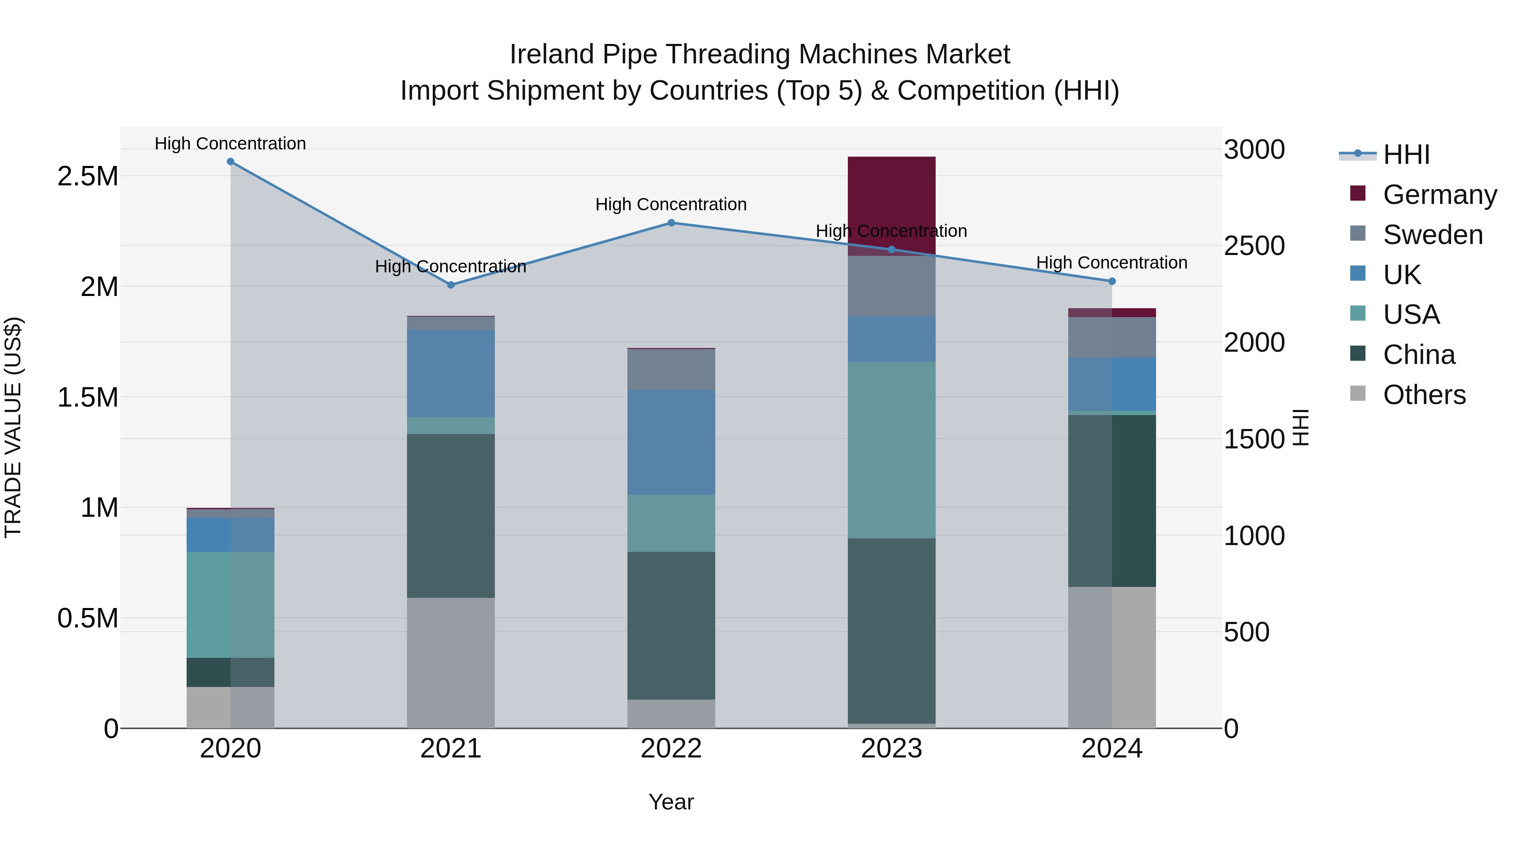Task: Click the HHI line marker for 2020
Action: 230,162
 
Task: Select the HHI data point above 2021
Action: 451,285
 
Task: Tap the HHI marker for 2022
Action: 671,223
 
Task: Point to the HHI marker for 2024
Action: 1112,282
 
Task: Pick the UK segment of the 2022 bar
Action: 671,442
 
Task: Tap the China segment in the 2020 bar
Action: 230,672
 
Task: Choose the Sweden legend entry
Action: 1432,235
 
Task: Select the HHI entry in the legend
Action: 1406,155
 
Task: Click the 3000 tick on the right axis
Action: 1254,149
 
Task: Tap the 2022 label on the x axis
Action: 671,749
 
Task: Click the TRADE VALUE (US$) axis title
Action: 13,427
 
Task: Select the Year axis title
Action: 671,802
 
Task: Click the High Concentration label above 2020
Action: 230,144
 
